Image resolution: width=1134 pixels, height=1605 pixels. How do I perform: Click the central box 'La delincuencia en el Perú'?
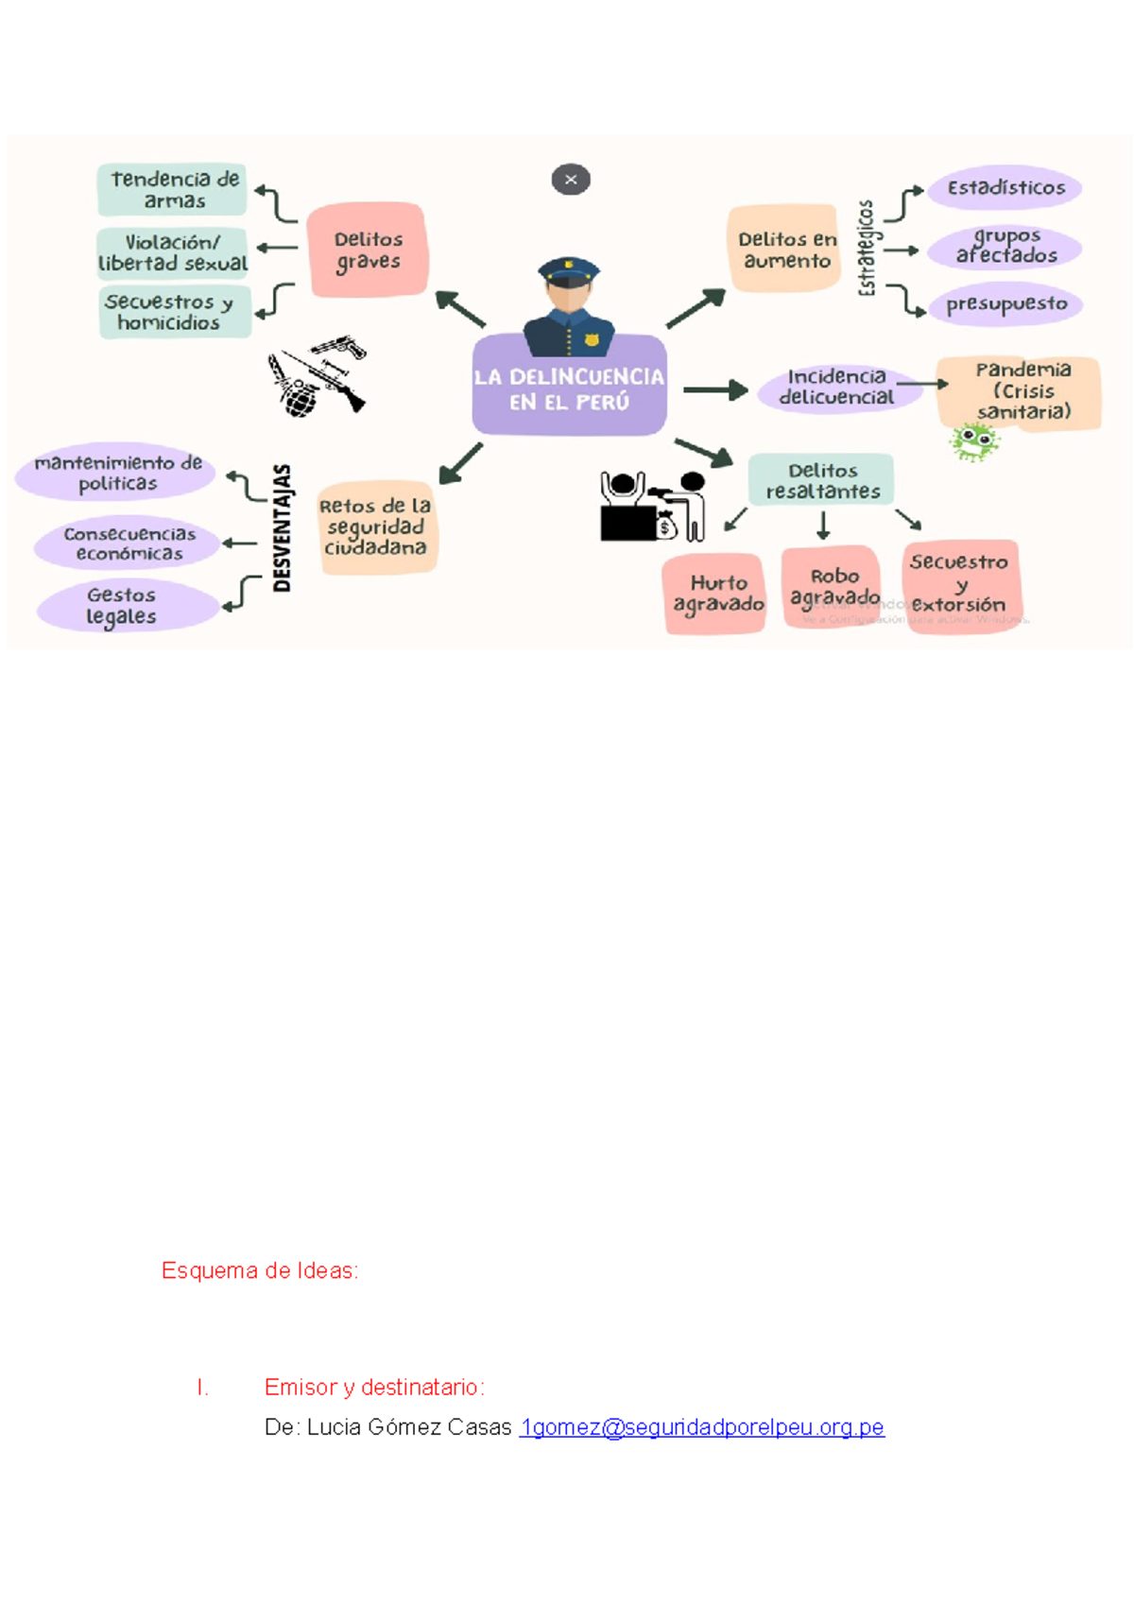pos(569,388)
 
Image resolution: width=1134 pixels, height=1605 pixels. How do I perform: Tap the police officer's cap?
pos(569,271)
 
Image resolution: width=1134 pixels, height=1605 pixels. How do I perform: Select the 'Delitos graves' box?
pos(368,250)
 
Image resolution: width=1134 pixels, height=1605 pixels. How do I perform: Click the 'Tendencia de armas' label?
pos(174,189)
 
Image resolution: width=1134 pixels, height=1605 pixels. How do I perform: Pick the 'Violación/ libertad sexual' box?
pos(173,253)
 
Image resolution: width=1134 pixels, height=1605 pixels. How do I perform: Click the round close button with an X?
pos(571,180)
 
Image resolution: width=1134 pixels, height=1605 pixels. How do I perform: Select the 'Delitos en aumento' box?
pos(784,250)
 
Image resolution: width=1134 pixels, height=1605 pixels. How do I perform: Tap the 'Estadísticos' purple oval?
pos(1005,188)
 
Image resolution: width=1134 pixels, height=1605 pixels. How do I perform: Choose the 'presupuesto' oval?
pos(1005,304)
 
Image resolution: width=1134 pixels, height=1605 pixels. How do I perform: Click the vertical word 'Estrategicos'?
pos(867,248)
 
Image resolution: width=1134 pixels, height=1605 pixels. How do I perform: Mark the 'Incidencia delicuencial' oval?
pos(836,388)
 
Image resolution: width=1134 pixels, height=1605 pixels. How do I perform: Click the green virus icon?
pos(973,440)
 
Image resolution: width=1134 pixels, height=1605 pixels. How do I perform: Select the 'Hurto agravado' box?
pos(716,594)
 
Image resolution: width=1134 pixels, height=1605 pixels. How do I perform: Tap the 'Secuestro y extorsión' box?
pos(960,584)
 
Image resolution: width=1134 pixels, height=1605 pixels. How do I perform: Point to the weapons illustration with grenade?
pos(316,378)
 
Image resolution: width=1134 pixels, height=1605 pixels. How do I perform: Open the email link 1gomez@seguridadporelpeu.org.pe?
pos(702,1427)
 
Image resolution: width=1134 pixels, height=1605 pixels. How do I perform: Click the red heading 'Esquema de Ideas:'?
pos(260,1270)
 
